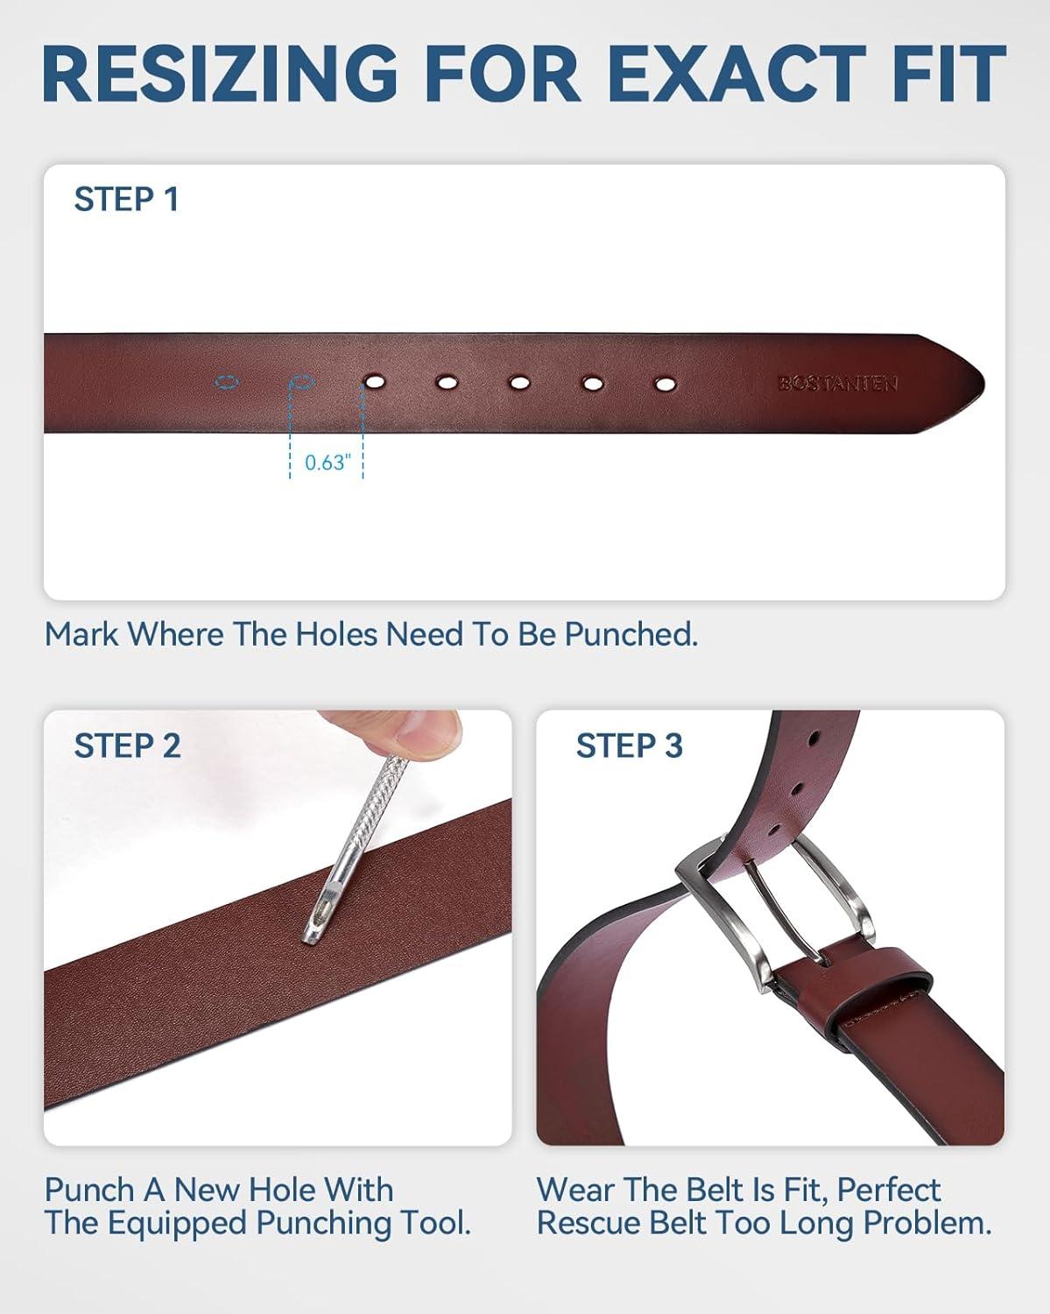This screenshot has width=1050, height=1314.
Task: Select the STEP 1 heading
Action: (127, 199)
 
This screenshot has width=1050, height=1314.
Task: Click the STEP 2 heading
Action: (128, 745)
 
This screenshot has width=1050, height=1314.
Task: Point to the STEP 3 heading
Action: (630, 745)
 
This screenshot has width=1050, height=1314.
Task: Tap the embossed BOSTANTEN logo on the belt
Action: (837, 384)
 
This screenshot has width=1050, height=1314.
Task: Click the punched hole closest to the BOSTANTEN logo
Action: (665, 384)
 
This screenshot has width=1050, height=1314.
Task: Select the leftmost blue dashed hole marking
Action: (227, 383)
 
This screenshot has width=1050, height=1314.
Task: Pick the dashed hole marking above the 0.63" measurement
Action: (301, 383)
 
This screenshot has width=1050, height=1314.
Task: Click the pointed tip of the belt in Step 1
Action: (983, 384)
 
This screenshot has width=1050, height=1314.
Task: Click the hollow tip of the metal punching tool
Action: (314, 936)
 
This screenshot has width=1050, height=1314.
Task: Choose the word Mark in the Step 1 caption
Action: (81, 635)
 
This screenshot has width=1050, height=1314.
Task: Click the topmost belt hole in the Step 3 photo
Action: (814, 739)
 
